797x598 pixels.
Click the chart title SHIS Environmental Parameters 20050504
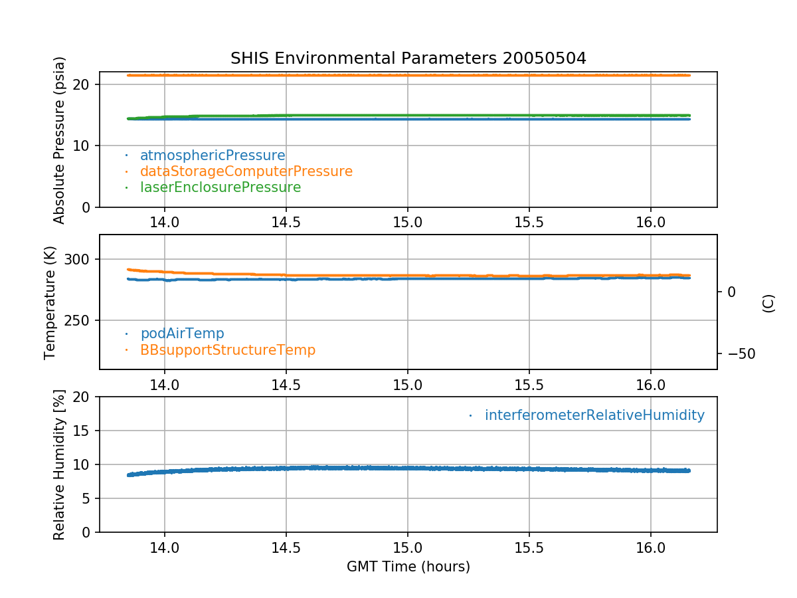[x=408, y=58]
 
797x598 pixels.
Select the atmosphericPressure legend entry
[x=213, y=155]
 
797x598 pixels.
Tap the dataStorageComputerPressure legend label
[x=246, y=171]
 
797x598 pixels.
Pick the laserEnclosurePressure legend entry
[x=221, y=187]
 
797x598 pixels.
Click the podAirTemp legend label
[x=182, y=334]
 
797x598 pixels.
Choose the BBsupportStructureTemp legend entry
[x=228, y=349]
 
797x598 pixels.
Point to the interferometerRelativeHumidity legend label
[x=594, y=415]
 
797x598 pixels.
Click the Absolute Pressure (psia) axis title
[x=60, y=140]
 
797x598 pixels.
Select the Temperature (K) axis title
[x=50, y=302]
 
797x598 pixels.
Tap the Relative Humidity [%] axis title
[x=60, y=464]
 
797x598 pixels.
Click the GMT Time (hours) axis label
[x=408, y=567]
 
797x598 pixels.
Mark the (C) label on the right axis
[x=768, y=303]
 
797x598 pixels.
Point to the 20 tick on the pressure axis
[x=83, y=84]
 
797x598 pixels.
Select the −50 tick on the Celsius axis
[x=737, y=353]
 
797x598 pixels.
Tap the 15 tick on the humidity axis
[x=83, y=431]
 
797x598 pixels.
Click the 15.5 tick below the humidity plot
[x=529, y=548]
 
